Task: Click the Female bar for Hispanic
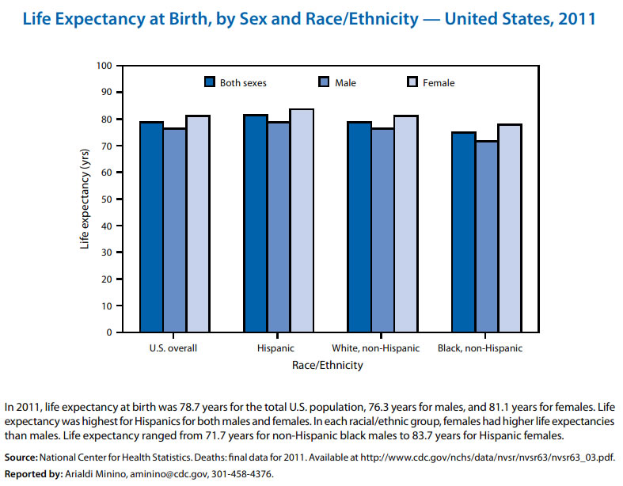click(x=302, y=221)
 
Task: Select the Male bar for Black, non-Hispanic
click(x=486, y=237)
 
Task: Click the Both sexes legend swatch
click(x=210, y=82)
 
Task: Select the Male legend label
click(x=345, y=82)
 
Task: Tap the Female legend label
click(x=439, y=82)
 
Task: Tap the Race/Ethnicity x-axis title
click(x=328, y=366)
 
